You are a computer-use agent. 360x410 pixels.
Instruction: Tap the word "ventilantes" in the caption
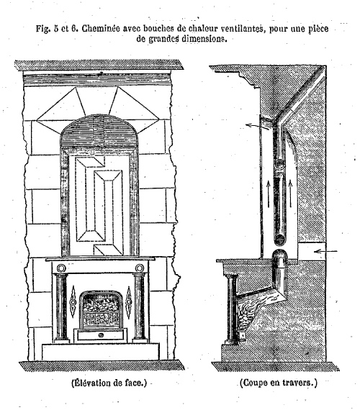[x=240, y=29]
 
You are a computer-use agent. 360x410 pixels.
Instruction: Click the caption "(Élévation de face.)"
[x=109, y=383]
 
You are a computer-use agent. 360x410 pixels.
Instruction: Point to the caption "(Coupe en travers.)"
[x=278, y=383]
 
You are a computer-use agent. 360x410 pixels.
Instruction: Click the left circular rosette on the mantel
[x=61, y=268]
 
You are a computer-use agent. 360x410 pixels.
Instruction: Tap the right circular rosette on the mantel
[x=140, y=268]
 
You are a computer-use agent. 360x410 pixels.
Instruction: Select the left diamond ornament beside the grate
[x=73, y=302]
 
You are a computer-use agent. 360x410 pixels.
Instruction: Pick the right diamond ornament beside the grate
[x=128, y=302]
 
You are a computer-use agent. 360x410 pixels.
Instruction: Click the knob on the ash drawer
[x=101, y=335]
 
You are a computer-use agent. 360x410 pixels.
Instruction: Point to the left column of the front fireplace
[x=61, y=308]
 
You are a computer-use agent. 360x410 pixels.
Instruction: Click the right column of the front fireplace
[x=140, y=308]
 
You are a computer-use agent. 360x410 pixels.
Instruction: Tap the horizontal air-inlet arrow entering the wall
[x=325, y=252]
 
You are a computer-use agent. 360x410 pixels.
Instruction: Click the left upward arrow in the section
[x=268, y=194]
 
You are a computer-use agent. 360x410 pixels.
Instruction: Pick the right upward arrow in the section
[x=290, y=193]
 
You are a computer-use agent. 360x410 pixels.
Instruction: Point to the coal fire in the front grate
[x=101, y=305]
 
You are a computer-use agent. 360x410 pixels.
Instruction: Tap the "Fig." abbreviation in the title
[x=43, y=29]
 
